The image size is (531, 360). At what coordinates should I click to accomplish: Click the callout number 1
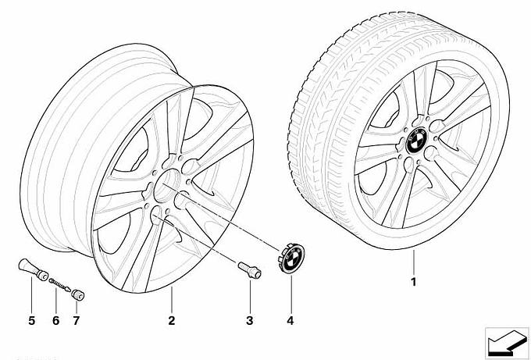point(413,282)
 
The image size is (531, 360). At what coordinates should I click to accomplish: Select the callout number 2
point(172,320)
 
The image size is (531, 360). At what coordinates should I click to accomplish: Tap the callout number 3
point(250,320)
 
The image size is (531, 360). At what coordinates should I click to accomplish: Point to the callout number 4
point(290,320)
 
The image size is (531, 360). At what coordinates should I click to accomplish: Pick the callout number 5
point(31,320)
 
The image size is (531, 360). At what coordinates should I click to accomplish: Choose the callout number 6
point(56,320)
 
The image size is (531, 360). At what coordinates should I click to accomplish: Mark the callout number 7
point(77,320)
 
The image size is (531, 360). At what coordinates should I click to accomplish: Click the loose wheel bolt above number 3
point(250,270)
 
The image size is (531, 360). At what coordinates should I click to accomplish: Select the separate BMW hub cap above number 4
point(291,256)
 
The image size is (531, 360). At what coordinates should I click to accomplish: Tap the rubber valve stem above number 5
point(33,269)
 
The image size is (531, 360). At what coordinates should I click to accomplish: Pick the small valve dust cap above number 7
point(78,294)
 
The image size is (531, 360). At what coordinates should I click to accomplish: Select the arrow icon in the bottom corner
point(507,343)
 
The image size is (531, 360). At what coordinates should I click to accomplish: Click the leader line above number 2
point(172,300)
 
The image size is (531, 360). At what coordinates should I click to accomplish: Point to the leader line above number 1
point(414,262)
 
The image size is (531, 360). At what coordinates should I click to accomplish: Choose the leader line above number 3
point(250,296)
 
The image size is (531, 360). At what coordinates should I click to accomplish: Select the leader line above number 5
point(31,295)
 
